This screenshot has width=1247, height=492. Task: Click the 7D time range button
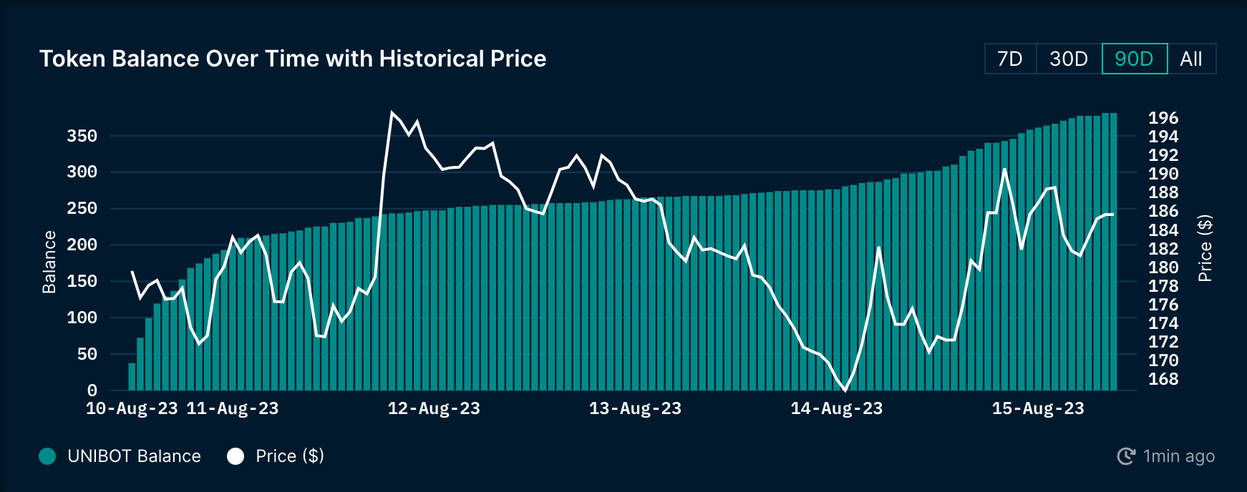point(1010,59)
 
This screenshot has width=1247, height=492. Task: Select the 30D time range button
point(1069,59)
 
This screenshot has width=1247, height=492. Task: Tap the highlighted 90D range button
point(1135,59)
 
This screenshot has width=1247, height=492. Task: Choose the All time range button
point(1191,59)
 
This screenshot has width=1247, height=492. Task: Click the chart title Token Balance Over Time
point(293,59)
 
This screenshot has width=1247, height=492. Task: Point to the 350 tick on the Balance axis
point(82,136)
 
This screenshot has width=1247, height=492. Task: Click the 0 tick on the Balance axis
point(92,390)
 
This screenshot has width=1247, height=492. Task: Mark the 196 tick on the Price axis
point(1163,118)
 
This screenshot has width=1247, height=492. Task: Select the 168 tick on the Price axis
point(1163,379)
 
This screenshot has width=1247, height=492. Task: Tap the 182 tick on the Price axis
point(1163,249)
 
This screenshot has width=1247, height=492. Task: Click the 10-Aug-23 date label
point(132,408)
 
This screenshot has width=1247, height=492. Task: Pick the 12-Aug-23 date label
point(434,408)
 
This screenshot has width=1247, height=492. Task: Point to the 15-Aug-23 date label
point(1038,408)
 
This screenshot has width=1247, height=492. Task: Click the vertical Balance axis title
point(49,262)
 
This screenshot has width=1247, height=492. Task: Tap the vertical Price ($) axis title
point(1205,248)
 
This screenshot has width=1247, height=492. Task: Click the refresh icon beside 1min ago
point(1126,456)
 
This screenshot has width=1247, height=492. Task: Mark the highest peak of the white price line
point(392,112)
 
